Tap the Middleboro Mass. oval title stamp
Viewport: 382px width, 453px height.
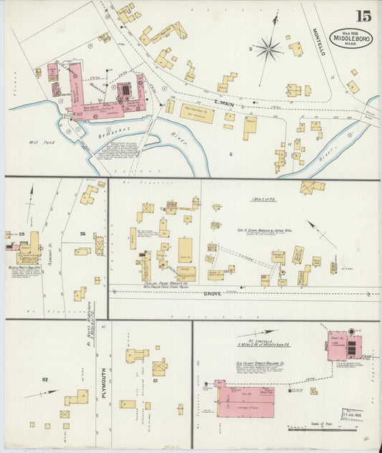coord(351,39)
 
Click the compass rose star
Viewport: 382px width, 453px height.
coord(269,49)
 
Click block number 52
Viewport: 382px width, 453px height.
coord(44,379)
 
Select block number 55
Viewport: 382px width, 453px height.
coord(22,234)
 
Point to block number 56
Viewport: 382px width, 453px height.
coord(82,234)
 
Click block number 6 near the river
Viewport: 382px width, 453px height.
coord(231,154)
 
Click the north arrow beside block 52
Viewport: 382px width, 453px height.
coord(41,394)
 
